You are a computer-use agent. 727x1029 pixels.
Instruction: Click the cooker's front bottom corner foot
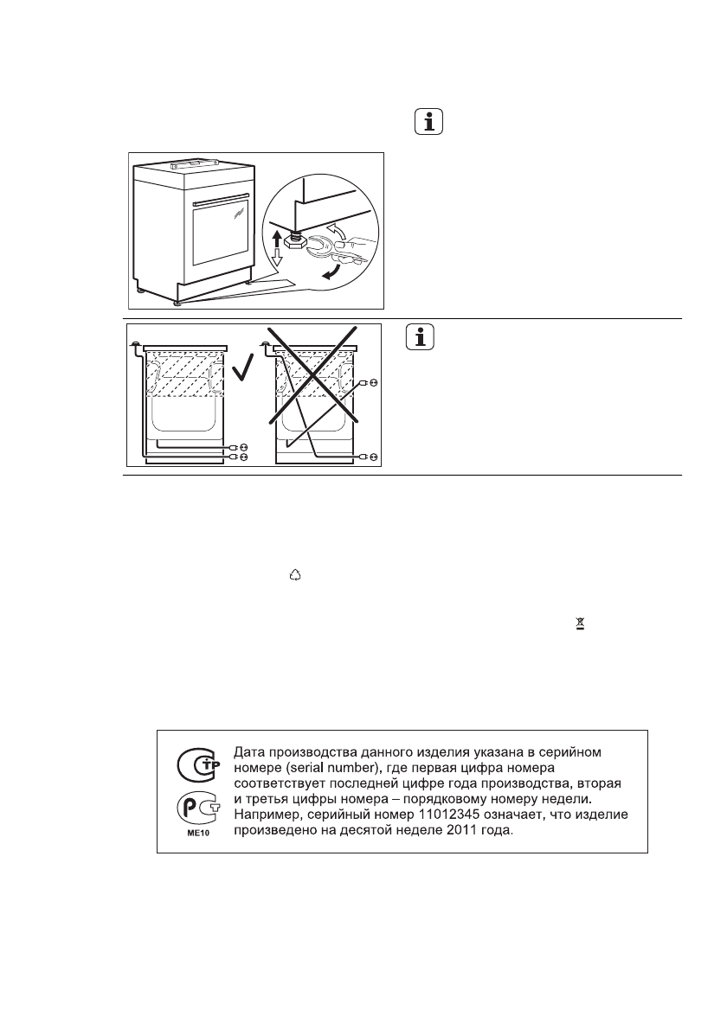point(177,303)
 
